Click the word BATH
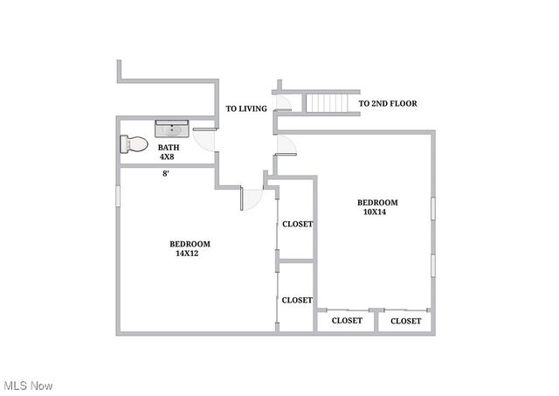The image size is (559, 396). (x=169, y=148)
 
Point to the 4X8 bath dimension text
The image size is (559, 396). (x=168, y=157)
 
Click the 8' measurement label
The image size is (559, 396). (x=166, y=173)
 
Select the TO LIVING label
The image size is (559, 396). (x=246, y=109)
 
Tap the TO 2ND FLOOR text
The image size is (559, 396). (x=388, y=104)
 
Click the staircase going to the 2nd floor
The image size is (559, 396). (x=332, y=103)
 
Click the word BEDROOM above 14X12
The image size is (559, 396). (x=190, y=244)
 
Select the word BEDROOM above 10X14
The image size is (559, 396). (x=377, y=203)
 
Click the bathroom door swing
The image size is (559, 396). (x=206, y=140)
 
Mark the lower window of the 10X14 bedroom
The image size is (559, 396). (x=432, y=267)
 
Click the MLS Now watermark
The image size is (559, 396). (x=28, y=386)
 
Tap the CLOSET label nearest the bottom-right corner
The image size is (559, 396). (x=405, y=321)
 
